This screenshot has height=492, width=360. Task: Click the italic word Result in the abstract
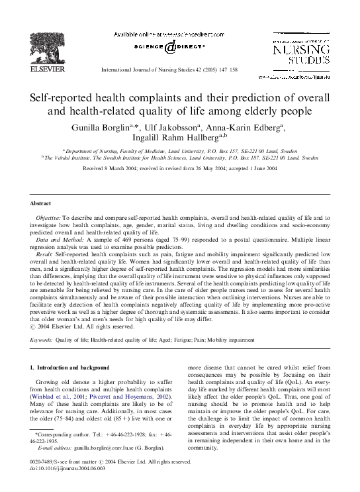pyautogui.click(x=47, y=254)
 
